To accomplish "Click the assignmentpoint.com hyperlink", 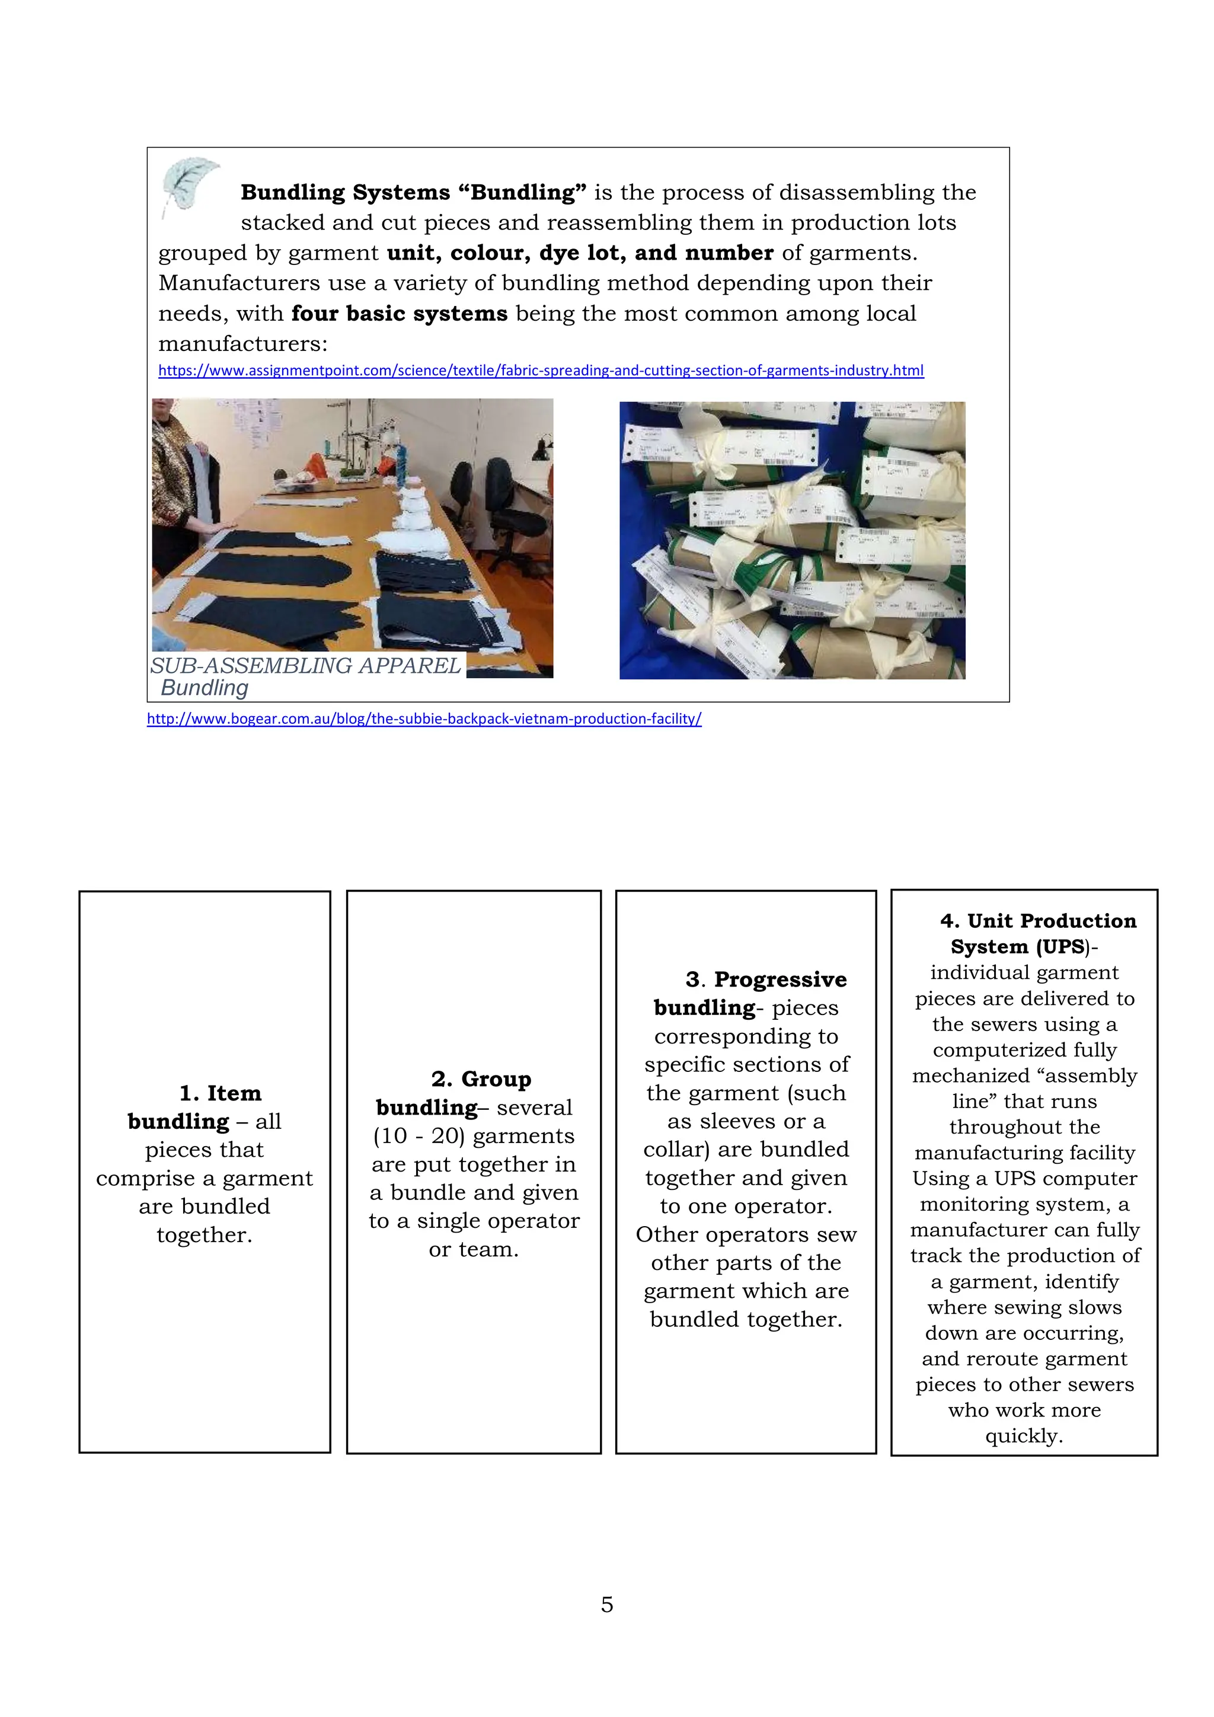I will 541,370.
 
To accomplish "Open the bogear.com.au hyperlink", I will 424,719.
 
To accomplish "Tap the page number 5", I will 606,1604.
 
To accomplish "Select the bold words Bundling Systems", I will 346,192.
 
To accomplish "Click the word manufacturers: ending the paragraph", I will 243,344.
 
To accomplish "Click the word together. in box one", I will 204,1234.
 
